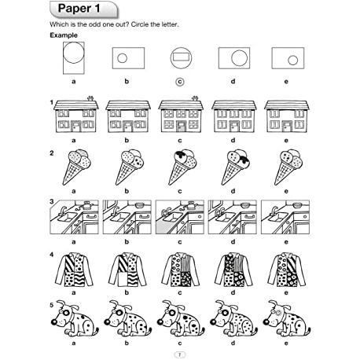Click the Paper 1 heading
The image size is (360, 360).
click(79, 9)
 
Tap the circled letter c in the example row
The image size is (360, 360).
click(180, 82)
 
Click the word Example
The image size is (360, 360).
click(64, 35)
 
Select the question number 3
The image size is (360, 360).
click(52, 201)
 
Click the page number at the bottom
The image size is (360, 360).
click(180, 354)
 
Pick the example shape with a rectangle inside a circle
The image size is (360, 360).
click(181, 58)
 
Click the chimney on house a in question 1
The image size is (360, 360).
click(90, 98)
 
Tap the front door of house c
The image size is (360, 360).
click(181, 127)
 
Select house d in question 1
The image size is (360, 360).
click(234, 116)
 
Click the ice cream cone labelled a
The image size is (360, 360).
click(76, 167)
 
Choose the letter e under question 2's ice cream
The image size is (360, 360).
click(286, 192)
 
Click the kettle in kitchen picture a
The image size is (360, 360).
click(86, 205)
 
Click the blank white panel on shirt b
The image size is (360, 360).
click(123, 279)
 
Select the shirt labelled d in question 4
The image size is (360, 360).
click(233, 269)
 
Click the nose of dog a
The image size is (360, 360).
click(53, 321)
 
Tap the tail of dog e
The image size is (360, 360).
click(308, 330)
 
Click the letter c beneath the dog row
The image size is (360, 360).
click(180, 343)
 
